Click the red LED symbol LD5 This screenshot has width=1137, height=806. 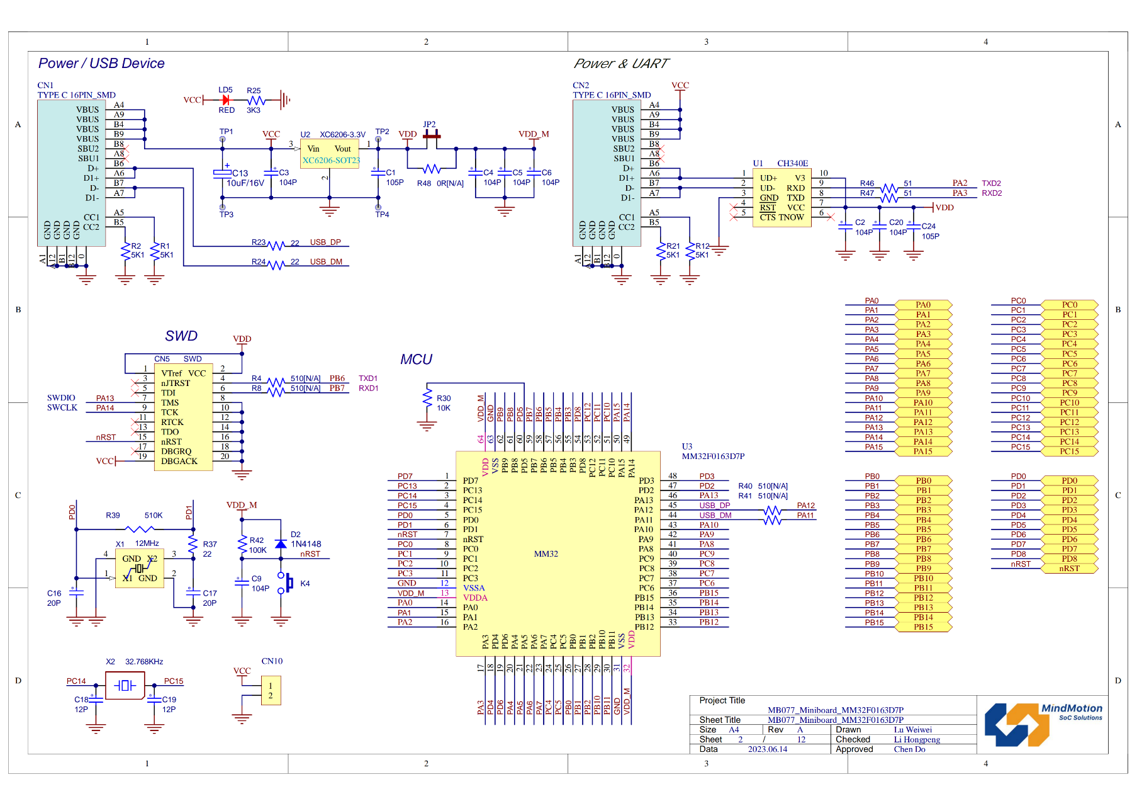(x=225, y=100)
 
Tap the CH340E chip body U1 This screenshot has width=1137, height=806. (x=781, y=198)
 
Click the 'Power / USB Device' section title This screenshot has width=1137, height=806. (x=101, y=64)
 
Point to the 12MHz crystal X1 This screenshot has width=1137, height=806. (x=140, y=569)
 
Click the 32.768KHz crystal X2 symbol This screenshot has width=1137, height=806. (x=125, y=685)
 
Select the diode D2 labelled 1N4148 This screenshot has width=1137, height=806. (x=281, y=543)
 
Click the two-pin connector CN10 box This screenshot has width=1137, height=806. (x=271, y=691)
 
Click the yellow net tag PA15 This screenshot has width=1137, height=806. (x=923, y=451)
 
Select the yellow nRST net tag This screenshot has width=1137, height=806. (x=1069, y=569)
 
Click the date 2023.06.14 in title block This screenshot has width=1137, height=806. (x=767, y=749)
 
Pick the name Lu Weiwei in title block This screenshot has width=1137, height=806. (x=912, y=730)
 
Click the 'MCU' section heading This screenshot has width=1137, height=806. (x=416, y=360)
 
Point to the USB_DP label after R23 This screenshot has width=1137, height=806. (x=325, y=242)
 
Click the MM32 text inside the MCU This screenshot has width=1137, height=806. (x=546, y=554)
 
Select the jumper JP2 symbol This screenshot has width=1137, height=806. (x=432, y=135)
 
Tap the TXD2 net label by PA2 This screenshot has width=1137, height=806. (x=991, y=183)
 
